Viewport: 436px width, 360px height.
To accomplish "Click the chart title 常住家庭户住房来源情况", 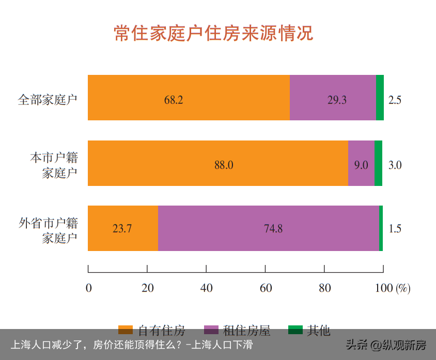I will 213,34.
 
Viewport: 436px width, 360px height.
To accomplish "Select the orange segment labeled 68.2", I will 189,98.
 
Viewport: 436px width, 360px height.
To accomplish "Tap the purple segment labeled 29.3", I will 333,98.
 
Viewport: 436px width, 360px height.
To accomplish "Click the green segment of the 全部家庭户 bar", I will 380,98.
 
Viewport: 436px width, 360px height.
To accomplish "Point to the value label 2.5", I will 395,100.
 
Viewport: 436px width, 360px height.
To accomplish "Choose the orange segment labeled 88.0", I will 217,163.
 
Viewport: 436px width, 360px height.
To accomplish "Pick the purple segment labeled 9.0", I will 361,163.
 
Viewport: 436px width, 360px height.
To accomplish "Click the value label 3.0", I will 395,165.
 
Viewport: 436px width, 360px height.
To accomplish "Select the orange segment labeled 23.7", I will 122,228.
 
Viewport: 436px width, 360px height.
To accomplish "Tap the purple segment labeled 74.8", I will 268,228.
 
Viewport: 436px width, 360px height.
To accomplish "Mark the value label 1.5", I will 395,229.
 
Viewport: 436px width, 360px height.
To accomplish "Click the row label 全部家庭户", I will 48,99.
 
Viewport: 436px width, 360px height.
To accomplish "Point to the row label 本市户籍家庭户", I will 54,165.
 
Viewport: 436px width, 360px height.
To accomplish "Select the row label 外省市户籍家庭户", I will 49,230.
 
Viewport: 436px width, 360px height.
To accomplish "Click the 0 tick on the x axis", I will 89,288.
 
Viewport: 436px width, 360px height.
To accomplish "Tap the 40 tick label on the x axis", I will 206,288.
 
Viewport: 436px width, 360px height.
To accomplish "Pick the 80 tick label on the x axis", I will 324,288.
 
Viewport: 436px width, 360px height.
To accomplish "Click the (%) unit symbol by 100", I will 403,288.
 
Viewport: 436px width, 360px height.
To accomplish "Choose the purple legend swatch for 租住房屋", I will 212,330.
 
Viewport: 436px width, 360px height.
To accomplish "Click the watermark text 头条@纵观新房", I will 386,345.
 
